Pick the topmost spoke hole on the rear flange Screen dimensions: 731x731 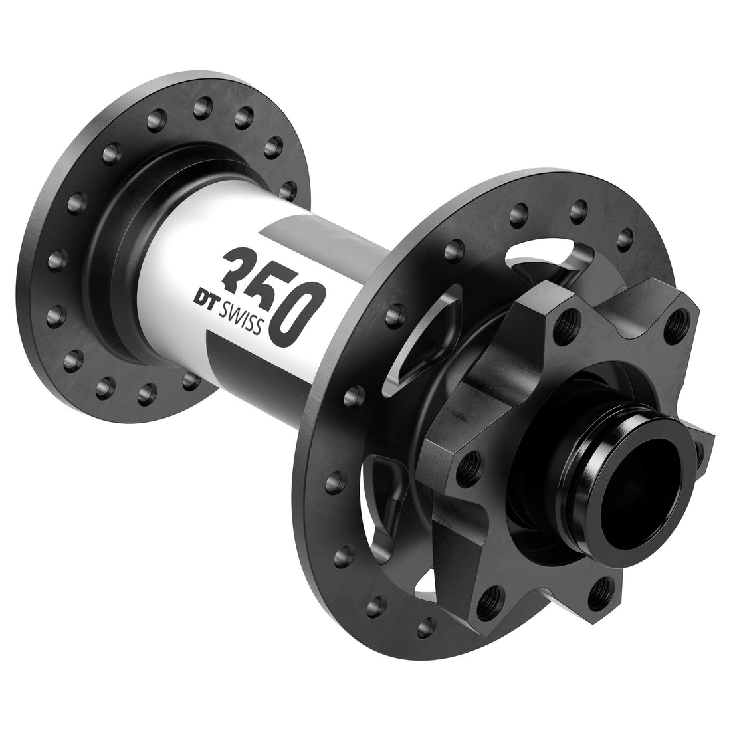point(199,106)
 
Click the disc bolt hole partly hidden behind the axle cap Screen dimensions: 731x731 point(698,453)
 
